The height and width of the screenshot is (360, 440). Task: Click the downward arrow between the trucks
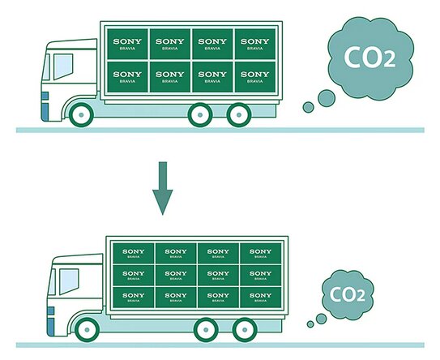tap(163, 188)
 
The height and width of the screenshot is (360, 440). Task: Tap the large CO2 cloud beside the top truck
tap(370, 58)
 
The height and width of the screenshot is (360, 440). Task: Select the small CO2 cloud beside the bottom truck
tap(348, 294)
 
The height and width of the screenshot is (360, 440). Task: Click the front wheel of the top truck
tap(81, 115)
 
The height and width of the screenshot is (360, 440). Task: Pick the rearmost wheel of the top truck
tap(239, 115)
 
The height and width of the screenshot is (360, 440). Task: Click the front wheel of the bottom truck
tap(87, 330)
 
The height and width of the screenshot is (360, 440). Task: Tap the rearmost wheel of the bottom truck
tap(245, 330)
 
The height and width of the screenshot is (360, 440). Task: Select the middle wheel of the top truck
tap(200, 115)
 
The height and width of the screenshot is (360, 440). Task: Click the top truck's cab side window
tap(63, 66)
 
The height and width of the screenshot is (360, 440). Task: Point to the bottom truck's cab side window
tap(69, 281)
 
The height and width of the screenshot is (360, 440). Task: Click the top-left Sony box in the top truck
tap(127, 44)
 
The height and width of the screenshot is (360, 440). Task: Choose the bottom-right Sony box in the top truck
tap(254, 77)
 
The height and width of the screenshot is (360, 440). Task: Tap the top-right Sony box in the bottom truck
tap(260, 253)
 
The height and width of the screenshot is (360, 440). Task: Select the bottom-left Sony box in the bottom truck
tap(133, 297)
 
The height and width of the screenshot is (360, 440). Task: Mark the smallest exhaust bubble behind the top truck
tap(308, 107)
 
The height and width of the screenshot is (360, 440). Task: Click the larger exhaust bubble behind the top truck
tap(327, 98)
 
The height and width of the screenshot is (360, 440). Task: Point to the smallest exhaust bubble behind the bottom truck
tap(310, 324)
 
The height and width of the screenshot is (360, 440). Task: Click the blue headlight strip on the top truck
tap(45, 106)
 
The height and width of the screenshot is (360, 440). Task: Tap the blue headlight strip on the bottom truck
tap(51, 321)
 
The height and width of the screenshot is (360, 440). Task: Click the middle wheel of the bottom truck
tap(206, 330)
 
